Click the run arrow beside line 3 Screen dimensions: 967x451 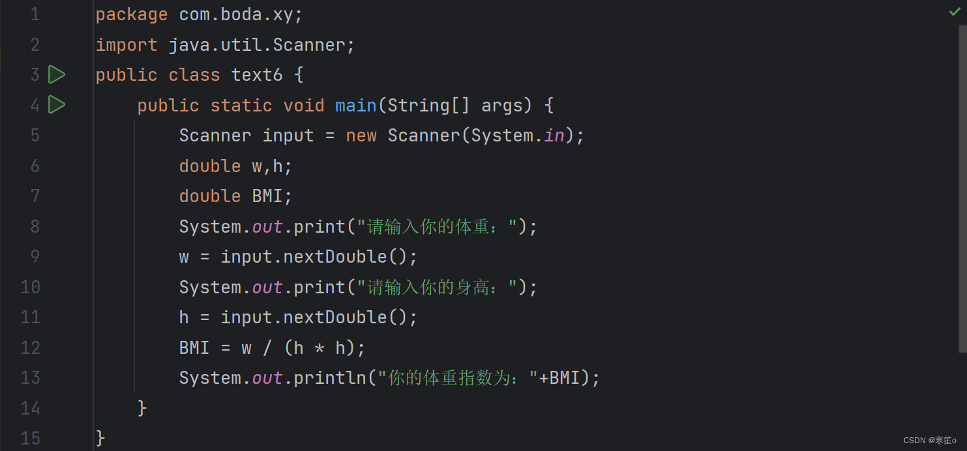coord(57,75)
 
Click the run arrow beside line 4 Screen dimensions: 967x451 coord(57,104)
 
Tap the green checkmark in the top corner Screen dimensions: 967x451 coord(955,12)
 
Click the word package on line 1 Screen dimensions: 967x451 coord(131,14)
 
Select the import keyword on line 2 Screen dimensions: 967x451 coord(126,45)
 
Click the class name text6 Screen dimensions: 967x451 coord(257,75)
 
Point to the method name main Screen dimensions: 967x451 coord(355,105)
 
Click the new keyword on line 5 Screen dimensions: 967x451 coord(361,136)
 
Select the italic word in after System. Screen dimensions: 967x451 coord(554,136)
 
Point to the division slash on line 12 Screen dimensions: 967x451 coord(267,348)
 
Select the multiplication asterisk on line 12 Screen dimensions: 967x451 coord(319,348)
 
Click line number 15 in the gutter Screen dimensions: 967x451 coord(30,438)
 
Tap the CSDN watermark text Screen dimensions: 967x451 coord(929,441)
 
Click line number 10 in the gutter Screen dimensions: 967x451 coord(30,287)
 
